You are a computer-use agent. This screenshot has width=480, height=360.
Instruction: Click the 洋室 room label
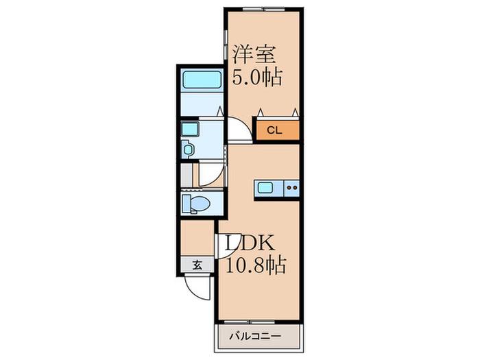pyautogui.click(x=254, y=54)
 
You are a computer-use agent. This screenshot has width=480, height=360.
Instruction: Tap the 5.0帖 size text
pyautogui.click(x=257, y=77)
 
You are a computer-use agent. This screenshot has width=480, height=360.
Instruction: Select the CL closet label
pyautogui.click(x=274, y=130)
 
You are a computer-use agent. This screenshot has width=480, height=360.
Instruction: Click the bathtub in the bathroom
pyautogui.click(x=202, y=80)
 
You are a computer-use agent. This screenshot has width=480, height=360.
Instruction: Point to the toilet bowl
pyautogui.click(x=197, y=203)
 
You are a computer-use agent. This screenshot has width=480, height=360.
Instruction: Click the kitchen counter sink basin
pyautogui.click(x=265, y=187)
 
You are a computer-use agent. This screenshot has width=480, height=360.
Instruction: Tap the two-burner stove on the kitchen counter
pyautogui.click(x=292, y=188)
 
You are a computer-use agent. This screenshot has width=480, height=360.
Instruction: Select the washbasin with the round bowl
pyautogui.click(x=188, y=149)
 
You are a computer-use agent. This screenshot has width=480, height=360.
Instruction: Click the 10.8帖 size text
pyautogui.click(x=256, y=265)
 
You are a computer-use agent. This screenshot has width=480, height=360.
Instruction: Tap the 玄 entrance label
pyautogui.click(x=197, y=265)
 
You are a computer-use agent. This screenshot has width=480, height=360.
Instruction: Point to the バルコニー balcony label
pyautogui.click(x=255, y=337)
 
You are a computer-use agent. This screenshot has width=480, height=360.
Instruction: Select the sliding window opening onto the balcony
pyautogui.click(x=250, y=322)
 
